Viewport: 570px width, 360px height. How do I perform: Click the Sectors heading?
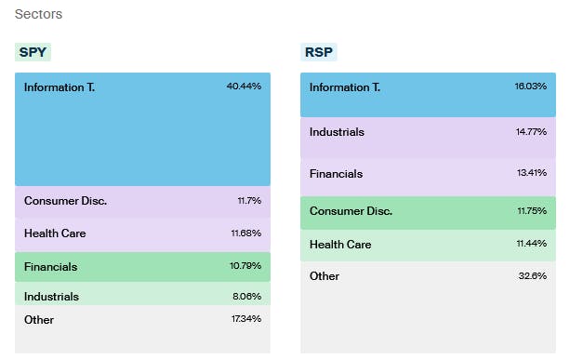click(39, 15)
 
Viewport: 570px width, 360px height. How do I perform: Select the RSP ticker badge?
click(320, 52)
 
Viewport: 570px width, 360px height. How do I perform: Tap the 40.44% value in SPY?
click(244, 87)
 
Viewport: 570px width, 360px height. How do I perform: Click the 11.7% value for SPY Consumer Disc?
click(249, 200)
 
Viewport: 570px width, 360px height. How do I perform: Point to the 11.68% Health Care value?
click(245, 233)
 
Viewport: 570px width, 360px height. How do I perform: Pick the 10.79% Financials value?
click(245, 266)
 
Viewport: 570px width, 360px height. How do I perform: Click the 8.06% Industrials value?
click(245, 297)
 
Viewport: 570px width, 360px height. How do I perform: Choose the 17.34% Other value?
click(245, 319)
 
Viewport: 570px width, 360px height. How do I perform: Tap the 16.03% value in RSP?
click(531, 87)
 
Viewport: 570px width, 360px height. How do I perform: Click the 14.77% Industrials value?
click(531, 132)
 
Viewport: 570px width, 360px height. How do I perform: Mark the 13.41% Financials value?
click(531, 173)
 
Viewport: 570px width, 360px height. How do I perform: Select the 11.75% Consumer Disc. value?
click(531, 211)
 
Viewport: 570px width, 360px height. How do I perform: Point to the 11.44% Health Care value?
click(531, 245)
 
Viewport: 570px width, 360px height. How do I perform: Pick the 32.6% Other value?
click(533, 276)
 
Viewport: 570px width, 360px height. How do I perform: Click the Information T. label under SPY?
click(60, 87)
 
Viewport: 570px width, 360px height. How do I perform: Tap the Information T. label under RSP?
click(345, 87)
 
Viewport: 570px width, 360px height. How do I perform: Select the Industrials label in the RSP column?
click(337, 132)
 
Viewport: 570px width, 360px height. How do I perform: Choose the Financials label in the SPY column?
click(51, 267)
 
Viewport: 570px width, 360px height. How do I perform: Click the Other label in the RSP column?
click(325, 276)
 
